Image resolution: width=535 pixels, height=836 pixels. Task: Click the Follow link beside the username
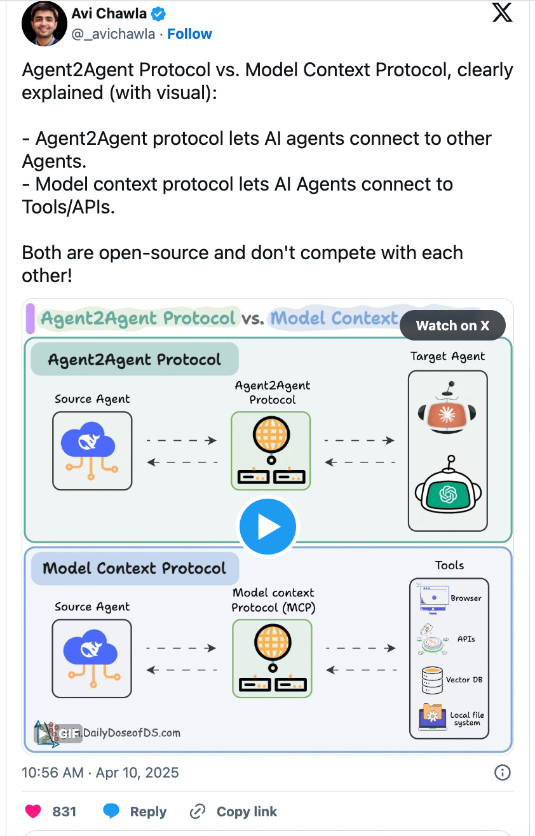pyautogui.click(x=189, y=34)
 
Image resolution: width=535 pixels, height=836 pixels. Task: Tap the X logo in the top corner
pyautogui.click(x=502, y=13)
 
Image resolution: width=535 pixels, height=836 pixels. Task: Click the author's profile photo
pyautogui.click(x=44, y=23)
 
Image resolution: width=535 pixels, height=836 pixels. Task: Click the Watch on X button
pyautogui.click(x=452, y=326)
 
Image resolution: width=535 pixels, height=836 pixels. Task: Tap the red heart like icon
pyautogui.click(x=32, y=811)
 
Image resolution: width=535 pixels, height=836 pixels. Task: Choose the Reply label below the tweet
pyautogui.click(x=148, y=811)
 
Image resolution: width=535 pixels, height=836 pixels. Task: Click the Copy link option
pyautogui.click(x=247, y=811)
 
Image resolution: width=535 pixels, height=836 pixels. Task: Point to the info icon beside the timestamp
pyautogui.click(x=502, y=772)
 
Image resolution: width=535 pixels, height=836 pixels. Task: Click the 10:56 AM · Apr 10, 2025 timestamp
pyautogui.click(x=100, y=772)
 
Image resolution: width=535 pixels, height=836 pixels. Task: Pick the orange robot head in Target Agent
pyautogui.click(x=448, y=413)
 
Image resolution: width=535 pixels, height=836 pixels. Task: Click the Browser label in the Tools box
pyautogui.click(x=466, y=598)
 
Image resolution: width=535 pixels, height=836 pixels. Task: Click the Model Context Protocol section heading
pyautogui.click(x=134, y=568)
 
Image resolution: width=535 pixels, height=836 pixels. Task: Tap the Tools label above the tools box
pyautogui.click(x=449, y=565)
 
